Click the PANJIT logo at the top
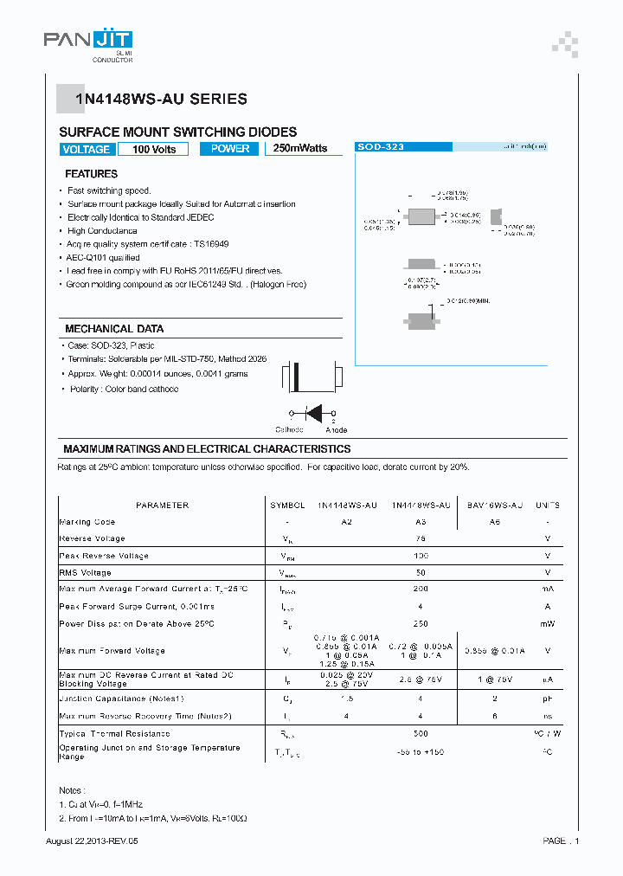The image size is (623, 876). (x=88, y=41)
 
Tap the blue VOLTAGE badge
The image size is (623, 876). (x=87, y=149)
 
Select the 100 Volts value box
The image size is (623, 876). (x=154, y=149)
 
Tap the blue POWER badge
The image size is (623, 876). (x=230, y=149)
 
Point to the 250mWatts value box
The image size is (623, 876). (x=300, y=149)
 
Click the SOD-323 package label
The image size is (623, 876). (x=381, y=147)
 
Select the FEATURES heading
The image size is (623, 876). (x=91, y=174)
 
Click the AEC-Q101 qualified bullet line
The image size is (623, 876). (x=103, y=257)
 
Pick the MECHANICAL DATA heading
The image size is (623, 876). (x=114, y=329)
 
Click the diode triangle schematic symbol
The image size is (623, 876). (x=314, y=413)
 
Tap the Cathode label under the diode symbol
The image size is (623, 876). (x=289, y=429)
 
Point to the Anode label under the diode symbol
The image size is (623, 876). (x=337, y=429)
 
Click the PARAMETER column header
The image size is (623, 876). (x=162, y=505)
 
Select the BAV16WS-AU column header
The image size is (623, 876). (x=495, y=505)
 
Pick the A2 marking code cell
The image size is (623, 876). (x=346, y=522)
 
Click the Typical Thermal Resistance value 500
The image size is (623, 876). (x=421, y=733)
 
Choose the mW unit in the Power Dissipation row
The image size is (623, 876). (x=547, y=623)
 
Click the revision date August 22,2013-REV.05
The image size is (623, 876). (x=93, y=841)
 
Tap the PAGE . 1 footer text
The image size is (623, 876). (x=561, y=841)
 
